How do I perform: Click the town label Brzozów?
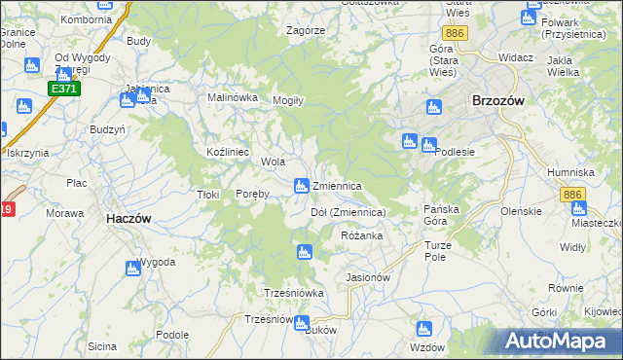click(x=497, y=100)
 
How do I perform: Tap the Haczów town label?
click(x=128, y=220)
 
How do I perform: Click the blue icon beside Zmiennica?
click(x=302, y=185)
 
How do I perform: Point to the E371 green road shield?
click(x=63, y=89)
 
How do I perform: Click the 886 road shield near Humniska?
click(x=572, y=196)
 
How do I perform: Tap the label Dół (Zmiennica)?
click(x=348, y=212)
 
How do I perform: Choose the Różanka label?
click(x=362, y=236)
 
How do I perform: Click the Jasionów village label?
click(x=368, y=277)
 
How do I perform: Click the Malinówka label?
click(x=232, y=97)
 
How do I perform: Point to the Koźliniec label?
click(x=229, y=153)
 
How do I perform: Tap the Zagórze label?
click(x=306, y=30)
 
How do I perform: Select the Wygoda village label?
click(x=156, y=263)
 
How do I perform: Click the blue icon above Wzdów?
click(x=423, y=329)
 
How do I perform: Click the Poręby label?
click(x=252, y=194)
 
